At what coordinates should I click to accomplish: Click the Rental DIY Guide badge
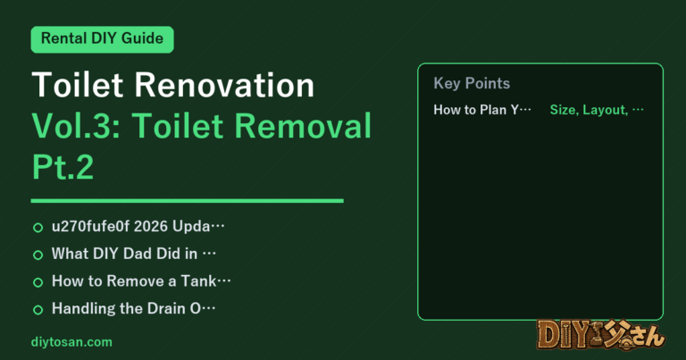pos(103,39)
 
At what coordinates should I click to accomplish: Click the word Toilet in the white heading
pos(78,85)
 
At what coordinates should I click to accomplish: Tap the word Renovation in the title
pos(224,85)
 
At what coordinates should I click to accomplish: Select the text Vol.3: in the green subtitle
pos(76,126)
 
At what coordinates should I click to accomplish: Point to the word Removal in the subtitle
pos(303,126)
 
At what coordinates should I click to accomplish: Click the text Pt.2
pos(63,167)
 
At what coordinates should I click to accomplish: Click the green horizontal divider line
pos(188,201)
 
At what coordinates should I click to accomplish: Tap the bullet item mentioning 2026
pos(138,226)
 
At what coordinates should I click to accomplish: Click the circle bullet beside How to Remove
pos(38,282)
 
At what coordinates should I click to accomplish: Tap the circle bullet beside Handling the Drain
pos(38,310)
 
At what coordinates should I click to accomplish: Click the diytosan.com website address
pos(71,342)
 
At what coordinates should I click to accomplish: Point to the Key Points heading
pos(472,83)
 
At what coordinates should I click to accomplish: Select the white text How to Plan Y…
pos(482,110)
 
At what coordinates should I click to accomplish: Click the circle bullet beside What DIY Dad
pos(38,255)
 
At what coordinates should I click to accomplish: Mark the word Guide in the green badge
pos(142,38)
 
